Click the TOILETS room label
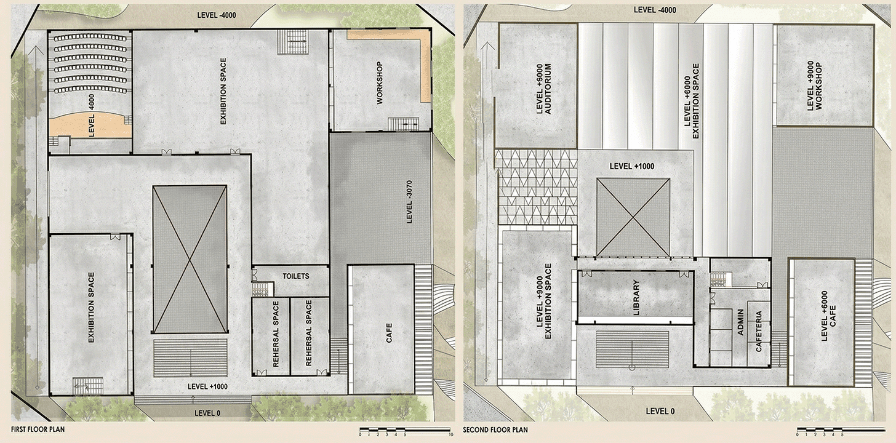[295, 276]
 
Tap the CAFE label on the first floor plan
[389, 333]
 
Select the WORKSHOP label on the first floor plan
[380, 83]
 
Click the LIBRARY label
[636, 297]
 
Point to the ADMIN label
[740, 322]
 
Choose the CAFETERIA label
[759, 332]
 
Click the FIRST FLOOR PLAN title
[38, 429]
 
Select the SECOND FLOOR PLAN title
[495, 430]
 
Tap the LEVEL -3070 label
[409, 202]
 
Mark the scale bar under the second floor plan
[840, 431]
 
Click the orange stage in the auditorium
[91, 125]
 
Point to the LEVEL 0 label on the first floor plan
[207, 413]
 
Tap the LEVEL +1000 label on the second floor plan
[632, 166]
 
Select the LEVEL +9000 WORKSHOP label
[814, 86]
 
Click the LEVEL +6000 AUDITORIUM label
[543, 89]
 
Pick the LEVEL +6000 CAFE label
[828, 316]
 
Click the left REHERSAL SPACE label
[276, 334]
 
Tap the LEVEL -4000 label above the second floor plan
[655, 10]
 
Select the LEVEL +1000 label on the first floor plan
[207, 386]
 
